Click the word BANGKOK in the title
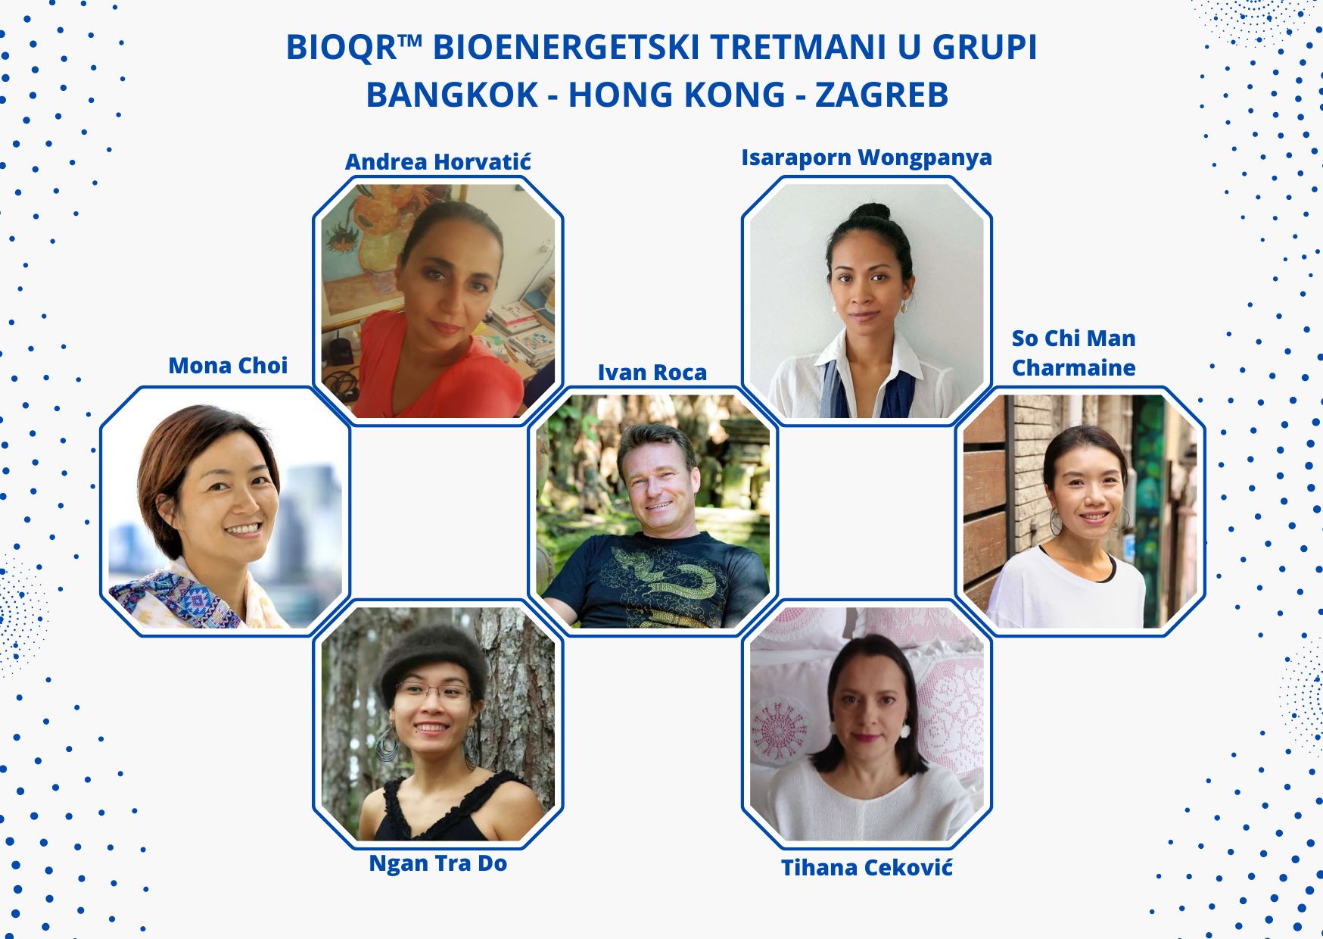451,95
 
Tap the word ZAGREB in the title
882,95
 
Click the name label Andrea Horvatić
438,161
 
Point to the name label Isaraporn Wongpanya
867,158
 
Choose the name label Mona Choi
228,366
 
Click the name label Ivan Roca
652,373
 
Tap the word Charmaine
1073,368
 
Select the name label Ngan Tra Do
438,863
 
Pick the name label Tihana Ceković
867,868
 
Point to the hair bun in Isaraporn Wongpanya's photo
871,212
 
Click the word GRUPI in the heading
985,48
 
